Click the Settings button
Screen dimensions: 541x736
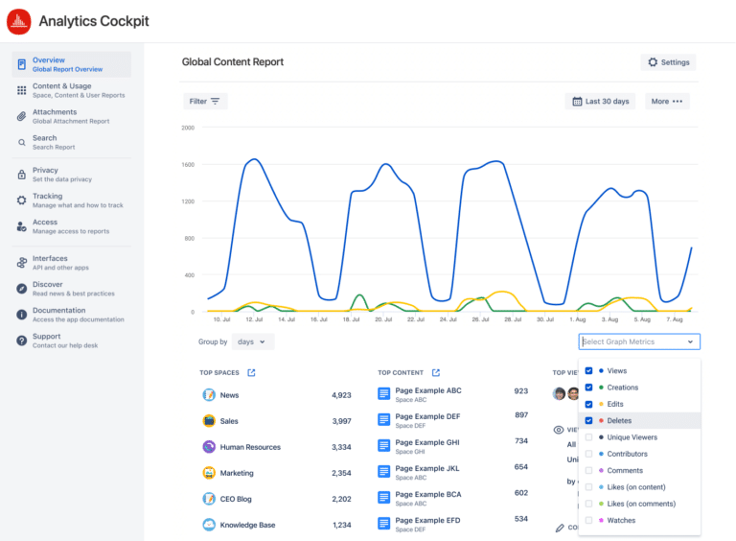(x=668, y=62)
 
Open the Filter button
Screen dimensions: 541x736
(x=204, y=101)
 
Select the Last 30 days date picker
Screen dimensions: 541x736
(x=601, y=101)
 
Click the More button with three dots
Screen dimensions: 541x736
(x=666, y=101)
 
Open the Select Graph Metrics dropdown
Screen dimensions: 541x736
(x=638, y=341)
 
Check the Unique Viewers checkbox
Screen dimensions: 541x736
(x=588, y=437)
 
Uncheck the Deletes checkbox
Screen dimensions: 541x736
(x=588, y=420)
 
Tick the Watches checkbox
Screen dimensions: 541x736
(x=588, y=520)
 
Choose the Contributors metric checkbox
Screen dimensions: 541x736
(x=588, y=454)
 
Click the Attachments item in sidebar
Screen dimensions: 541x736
(x=55, y=112)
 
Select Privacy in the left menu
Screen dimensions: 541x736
(x=45, y=171)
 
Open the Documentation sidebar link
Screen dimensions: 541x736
(x=58, y=311)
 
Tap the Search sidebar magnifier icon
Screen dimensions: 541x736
(x=22, y=142)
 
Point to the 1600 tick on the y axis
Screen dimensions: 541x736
(x=188, y=164)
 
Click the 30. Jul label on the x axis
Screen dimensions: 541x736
(x=545, y=318)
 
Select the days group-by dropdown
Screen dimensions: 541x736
(x=253, y=341)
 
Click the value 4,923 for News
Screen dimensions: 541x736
(x=341, y=395)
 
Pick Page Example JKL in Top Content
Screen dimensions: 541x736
(x=427, y=468)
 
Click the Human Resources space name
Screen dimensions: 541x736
(x=250, y=447)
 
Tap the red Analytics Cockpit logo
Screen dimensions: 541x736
(x=18, y=21)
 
